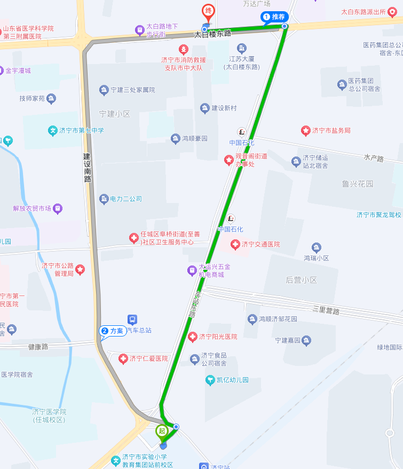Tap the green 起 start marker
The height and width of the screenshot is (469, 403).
[x=162, y=431]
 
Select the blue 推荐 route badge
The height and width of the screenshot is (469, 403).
[x=274, y=17]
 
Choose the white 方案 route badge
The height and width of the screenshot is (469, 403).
[x=113, y=331]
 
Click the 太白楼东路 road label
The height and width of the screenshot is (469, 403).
[x=212, y=34]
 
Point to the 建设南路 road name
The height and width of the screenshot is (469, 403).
[x=87, y=168]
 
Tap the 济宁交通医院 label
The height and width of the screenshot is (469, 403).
[x=260, y=245]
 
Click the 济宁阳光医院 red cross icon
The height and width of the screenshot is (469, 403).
[x=193, y=337]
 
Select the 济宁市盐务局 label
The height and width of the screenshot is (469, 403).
[x=331, y=130]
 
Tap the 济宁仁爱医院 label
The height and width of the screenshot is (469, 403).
[x=148, y=358]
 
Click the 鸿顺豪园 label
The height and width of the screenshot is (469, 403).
[x=194, y=139]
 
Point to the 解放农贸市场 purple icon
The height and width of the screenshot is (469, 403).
[x=58, y=208]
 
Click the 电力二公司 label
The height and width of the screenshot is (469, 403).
[x=128, y=199]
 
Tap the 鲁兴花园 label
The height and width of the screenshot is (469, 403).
[x=358, y=184]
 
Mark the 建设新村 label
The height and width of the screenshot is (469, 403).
[x=224, y=108]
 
